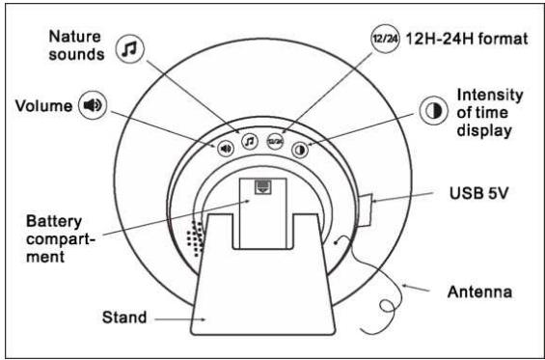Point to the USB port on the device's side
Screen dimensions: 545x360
point(365,207)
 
